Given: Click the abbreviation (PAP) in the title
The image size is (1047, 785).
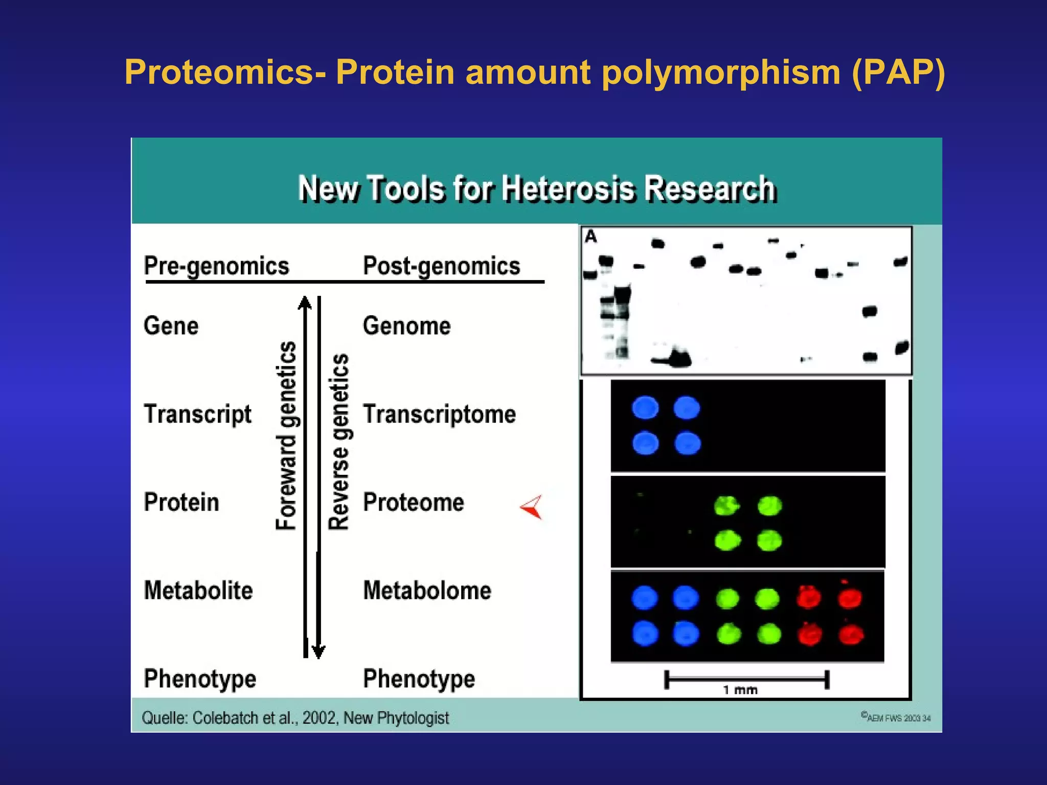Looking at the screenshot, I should (x=899, y=73).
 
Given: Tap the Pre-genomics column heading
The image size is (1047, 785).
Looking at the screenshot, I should (x=216, y=266).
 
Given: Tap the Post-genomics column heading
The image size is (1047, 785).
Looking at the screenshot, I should (x=441, y=266).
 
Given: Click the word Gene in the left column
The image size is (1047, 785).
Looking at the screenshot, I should (x=171, y=326).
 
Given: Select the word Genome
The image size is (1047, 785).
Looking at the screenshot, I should (x=406, y=326).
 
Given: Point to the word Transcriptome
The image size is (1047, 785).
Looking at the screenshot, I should (x=439, y=414).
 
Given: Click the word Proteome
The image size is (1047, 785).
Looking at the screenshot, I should (x=413, y=502).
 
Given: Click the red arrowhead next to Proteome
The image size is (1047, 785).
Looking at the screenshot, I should (x=532, y=507).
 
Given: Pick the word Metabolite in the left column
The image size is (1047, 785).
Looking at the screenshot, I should (x=198, y=591).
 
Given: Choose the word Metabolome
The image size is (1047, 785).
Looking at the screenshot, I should (x=427, y=591).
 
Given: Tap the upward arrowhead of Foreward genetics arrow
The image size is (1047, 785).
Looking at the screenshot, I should (x=305, y=303).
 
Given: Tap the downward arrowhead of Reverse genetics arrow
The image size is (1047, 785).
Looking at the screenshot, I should (x=318, y=652).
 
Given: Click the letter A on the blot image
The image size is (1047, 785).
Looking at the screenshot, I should (x=591, y=237).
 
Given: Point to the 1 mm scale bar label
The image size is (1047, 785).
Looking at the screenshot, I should (x=740, y=690).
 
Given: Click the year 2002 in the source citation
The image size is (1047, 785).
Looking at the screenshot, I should (x=318, y=718).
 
